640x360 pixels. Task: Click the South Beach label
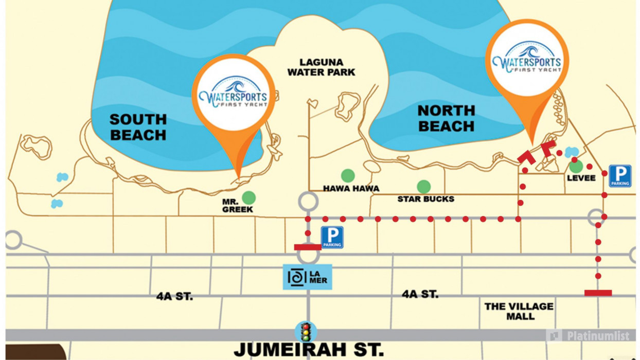[x=138, y=128]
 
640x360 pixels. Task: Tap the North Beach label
[x=446, y=118]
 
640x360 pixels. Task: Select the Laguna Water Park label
[x=321, y=67]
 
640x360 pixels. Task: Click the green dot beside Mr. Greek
[x=249, y=197]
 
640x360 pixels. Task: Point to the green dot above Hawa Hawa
[x=348, y=175]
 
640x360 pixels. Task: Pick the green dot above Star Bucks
[x=423, y=187]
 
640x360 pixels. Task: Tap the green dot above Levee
[x=576, y=166]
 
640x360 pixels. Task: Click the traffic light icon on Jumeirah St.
[x=307, y=332]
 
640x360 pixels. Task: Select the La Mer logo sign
[x=307, y=277]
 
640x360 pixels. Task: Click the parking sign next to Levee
[x=620, y=176]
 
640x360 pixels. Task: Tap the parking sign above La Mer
[x=332, y=238]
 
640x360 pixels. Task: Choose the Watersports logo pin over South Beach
[x=233, y=98]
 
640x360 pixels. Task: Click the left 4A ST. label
[x=174, y=297]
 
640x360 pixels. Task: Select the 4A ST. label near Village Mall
[x=420, y=294]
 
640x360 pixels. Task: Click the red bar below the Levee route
[x=598, y=293]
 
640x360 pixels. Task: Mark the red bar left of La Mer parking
[x=308, y=247]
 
